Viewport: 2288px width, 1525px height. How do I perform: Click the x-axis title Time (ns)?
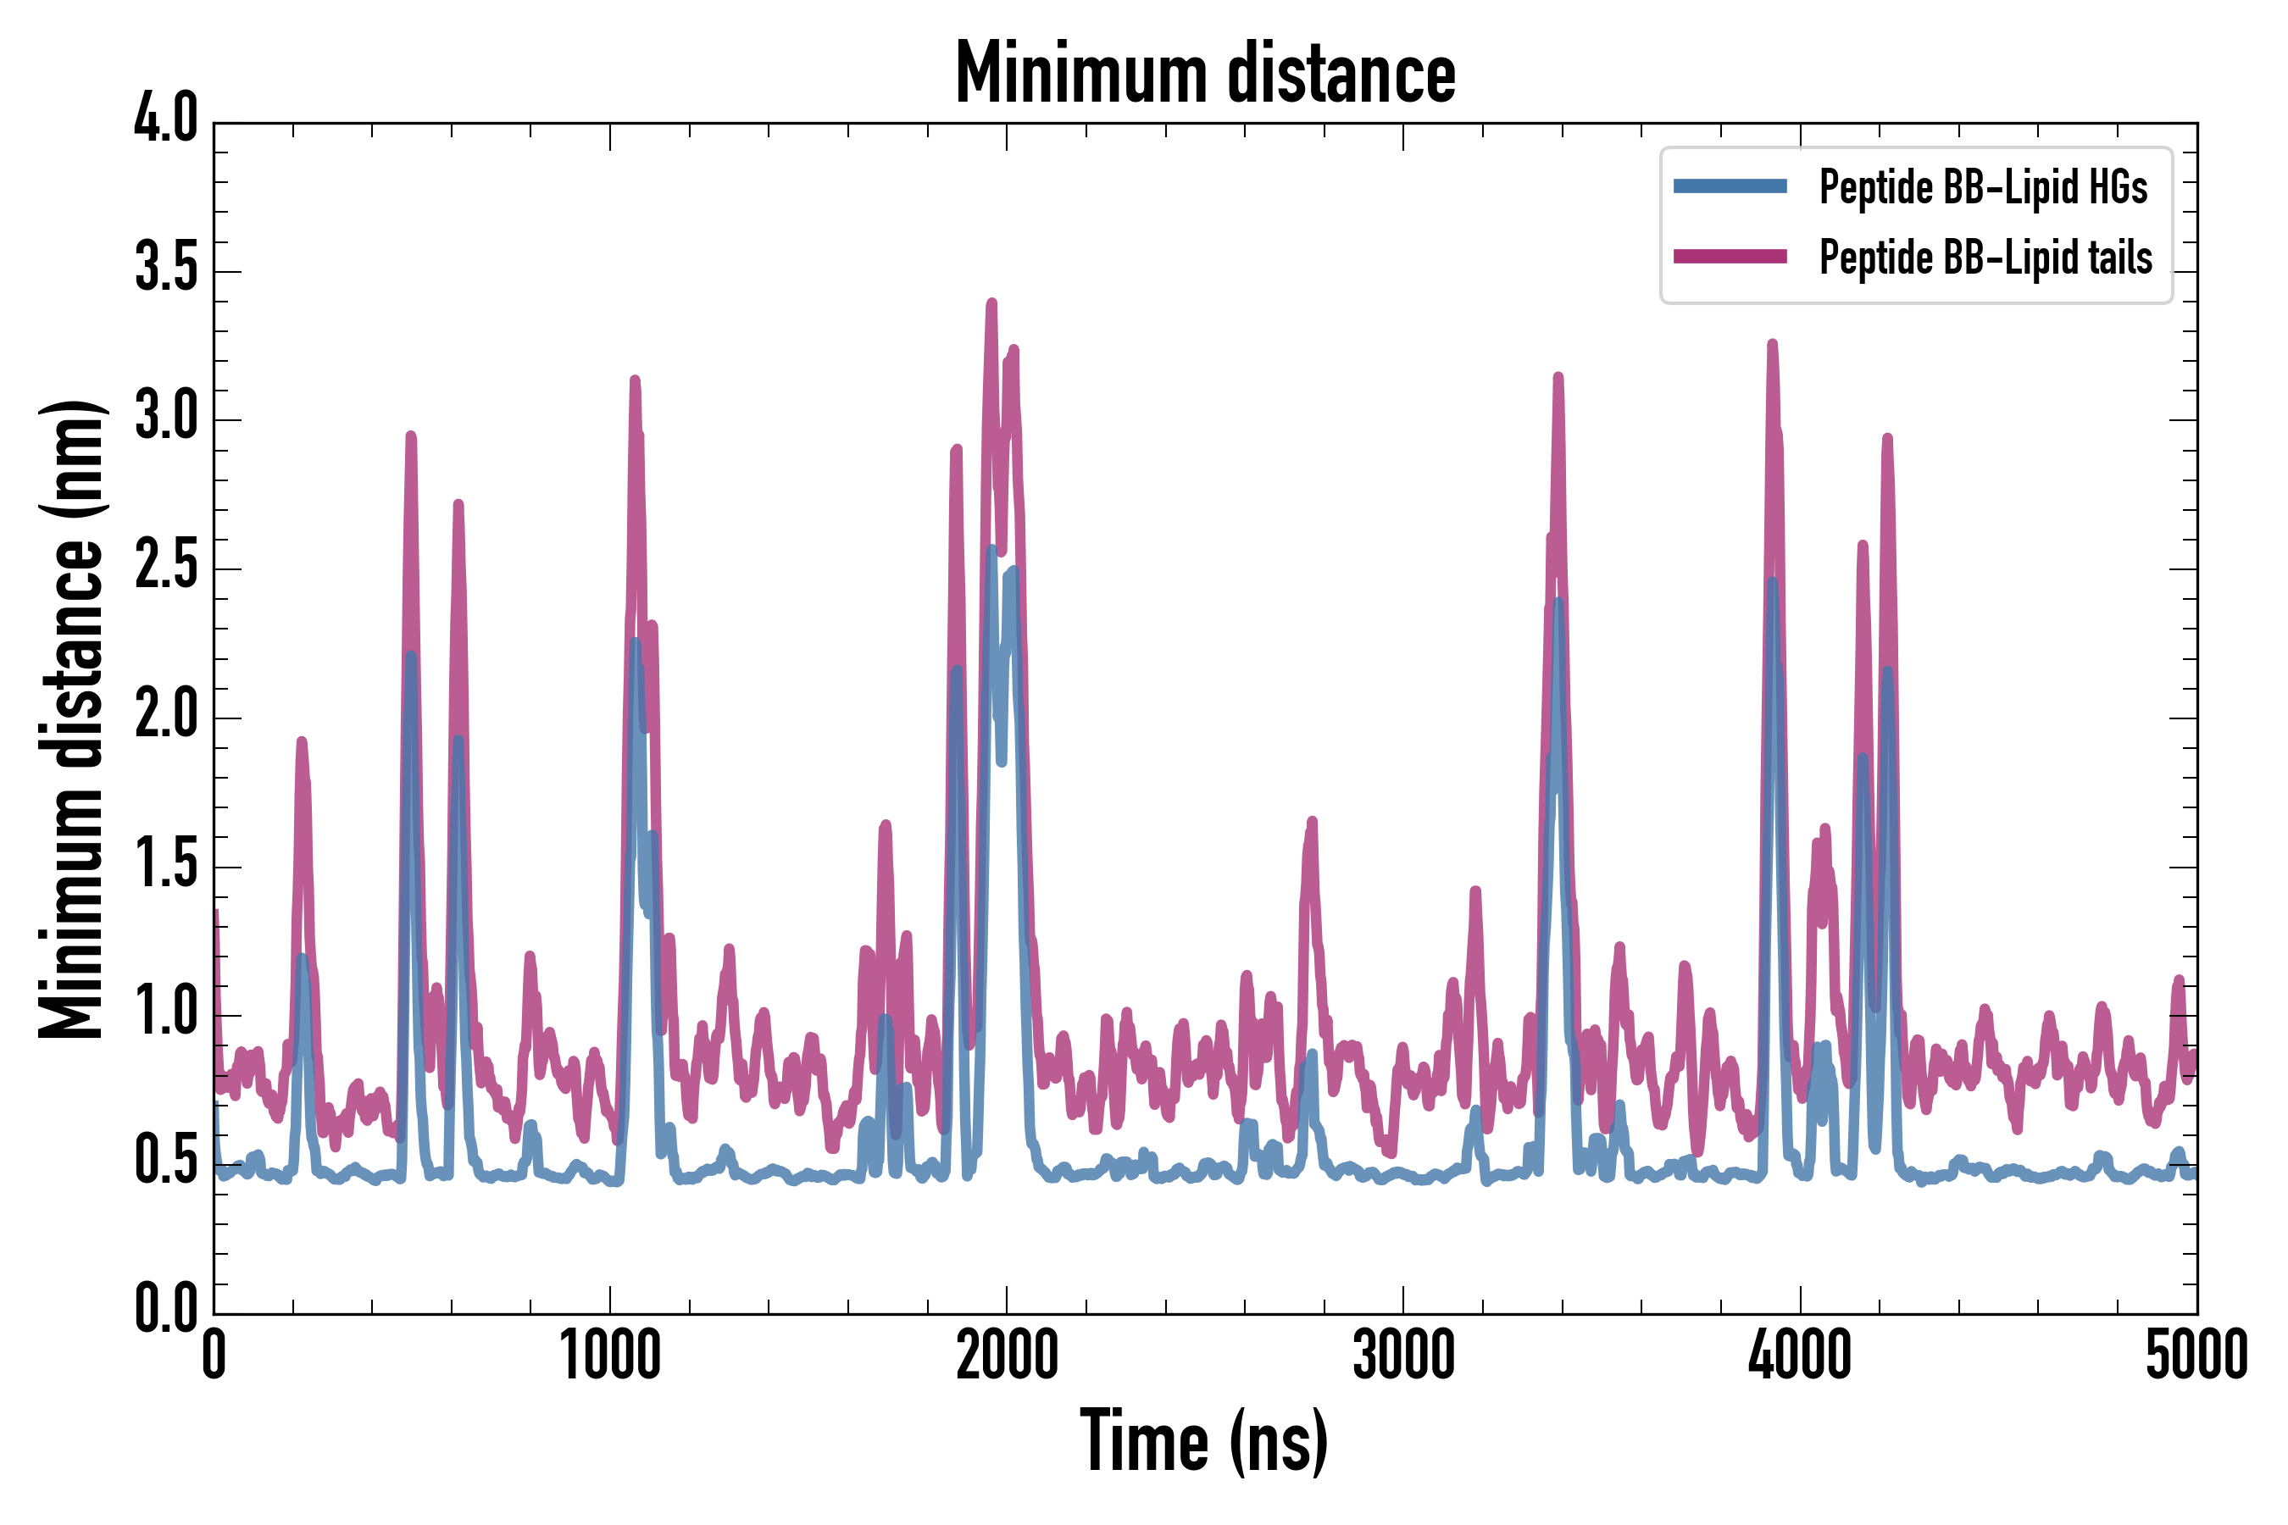pos(1204,1441)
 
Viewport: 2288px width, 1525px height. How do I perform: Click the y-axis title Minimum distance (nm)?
pos(71,719)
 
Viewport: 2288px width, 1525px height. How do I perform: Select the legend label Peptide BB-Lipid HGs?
pos(1983,186)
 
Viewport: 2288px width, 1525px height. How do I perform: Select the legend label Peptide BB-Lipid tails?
pos(1985,258)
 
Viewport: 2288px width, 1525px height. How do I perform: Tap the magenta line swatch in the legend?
pos(1730,257)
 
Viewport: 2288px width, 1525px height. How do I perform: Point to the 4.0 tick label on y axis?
pos(165,120)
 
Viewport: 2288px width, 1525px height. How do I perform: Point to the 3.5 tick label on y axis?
pos(165,269)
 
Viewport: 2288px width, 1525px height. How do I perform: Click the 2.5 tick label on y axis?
pos(165,567)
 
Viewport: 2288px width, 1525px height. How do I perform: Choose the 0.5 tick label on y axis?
pos(165,1162)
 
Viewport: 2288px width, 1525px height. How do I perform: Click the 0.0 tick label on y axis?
pos(165,1309)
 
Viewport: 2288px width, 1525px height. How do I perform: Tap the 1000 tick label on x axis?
pos(610,1356)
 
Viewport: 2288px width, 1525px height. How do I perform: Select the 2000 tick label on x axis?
pos(1006,1356)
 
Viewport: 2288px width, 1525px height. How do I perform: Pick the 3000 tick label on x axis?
pos(1402,1356)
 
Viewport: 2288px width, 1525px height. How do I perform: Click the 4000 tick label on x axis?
pos(1800,1356)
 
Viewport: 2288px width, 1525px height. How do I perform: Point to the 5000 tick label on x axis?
pos(2196,1356)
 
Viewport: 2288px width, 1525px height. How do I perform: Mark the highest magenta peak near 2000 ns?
pos(991,303)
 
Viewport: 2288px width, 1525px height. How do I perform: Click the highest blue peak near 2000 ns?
pos(991,551)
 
